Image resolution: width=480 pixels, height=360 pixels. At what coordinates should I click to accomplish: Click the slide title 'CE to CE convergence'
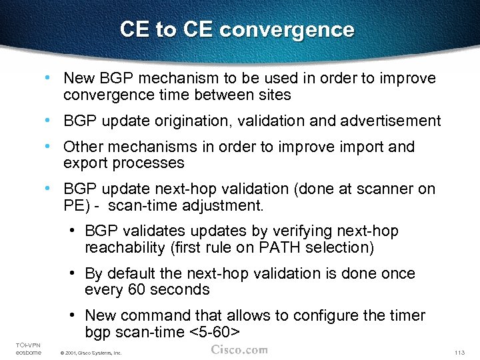(x=237, y=29)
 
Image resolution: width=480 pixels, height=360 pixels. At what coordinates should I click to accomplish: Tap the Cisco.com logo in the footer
(x=239, y=349)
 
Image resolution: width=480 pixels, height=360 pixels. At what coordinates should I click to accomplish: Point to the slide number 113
(x=458, y=352)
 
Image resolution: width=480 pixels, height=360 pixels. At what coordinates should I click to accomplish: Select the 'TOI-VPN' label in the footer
(x=27, y=344)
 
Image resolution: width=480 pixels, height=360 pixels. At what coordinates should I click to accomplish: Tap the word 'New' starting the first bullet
(x=79, y=78)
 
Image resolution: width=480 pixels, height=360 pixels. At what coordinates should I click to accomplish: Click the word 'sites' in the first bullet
(x=274, y=95)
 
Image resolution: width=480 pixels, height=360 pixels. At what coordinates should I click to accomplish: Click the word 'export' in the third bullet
(x=85, y=163)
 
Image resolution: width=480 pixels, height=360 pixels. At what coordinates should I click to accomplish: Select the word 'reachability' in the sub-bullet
(x=125, y=248)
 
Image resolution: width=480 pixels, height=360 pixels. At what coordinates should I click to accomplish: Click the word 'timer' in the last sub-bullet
(x=406, y=315)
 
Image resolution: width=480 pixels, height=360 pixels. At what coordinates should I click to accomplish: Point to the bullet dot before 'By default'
(x=71, y=273)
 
